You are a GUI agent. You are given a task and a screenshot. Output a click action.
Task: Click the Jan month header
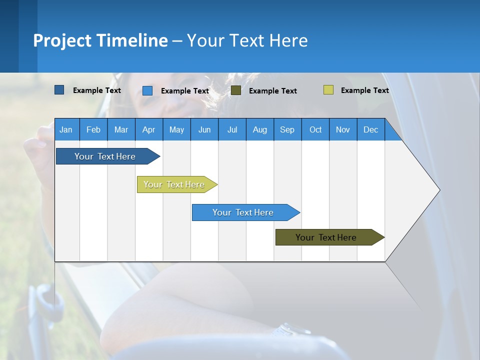[66, 129]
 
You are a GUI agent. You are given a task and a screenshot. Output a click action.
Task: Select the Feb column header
[93, 129]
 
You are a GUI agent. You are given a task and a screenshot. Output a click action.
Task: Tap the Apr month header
[148, 129]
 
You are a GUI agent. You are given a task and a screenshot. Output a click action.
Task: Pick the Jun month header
[204, 129]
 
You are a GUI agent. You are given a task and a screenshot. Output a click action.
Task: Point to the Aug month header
[259, 129]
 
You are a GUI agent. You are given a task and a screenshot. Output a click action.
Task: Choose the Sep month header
[287, 129]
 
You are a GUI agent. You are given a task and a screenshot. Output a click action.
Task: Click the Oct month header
[315, 129]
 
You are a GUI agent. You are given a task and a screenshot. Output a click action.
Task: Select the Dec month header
[370, 129]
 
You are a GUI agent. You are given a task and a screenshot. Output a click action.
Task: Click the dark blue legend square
[59, 90]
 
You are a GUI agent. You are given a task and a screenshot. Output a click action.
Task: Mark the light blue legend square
[147, 90]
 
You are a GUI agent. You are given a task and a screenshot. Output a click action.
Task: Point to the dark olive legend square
[236, 90]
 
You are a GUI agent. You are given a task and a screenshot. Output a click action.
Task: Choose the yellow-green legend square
[328, 90]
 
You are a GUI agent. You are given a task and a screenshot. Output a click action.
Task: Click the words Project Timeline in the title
[100, 40]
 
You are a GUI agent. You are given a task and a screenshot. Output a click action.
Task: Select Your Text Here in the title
[247, 40]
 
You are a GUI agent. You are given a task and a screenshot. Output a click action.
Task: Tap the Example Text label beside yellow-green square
[364, 90]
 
